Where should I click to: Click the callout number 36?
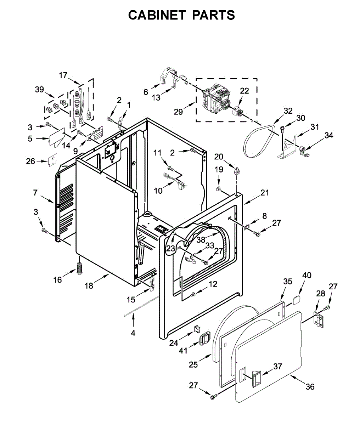(x=310, y=387)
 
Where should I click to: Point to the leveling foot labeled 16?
(x=79, y=268)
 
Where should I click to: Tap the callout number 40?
(x=307, y=275)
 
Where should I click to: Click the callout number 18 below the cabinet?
(x=89, y=285)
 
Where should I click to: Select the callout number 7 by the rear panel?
(x=35, y=193)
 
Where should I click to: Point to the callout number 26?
(x=30, y=161)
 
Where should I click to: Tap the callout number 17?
(x=63, y=75)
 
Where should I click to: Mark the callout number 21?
(x=265, y=193)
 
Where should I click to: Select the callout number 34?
(x=329, y=135)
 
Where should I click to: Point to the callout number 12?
(x=213, y=284)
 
